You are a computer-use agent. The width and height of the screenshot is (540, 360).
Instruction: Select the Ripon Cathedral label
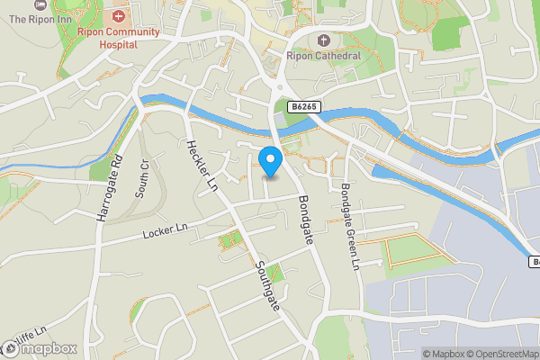(x=323, y=56)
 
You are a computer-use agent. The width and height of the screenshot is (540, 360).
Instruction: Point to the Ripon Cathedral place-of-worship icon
(x=323, y=40)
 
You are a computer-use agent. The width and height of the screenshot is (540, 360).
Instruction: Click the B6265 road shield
(x=304, y=107)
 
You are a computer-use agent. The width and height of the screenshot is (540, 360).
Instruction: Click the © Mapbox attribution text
(x=447, y=354)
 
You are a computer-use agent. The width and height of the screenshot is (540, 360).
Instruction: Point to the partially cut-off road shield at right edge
(x=534, y=262)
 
